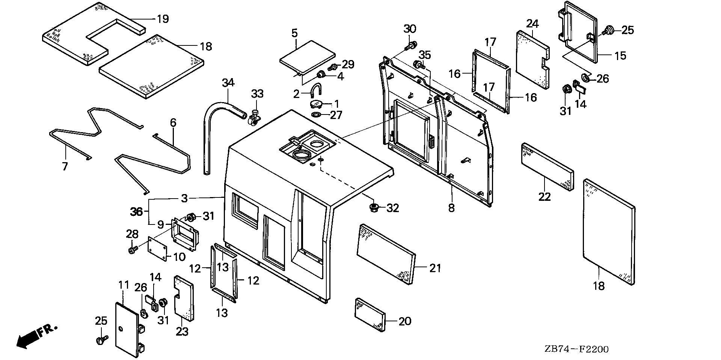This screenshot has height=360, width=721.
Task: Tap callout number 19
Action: click(x=162, y=19)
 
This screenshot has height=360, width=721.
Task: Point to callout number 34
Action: click(x=228, y=82)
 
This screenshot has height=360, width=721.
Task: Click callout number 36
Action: click(x=137, y=212)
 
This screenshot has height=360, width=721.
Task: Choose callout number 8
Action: click(x=451, y=208)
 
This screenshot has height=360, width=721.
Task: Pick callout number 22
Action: click(x=545, y=196)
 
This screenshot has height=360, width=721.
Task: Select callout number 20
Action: click(x=405, y=321)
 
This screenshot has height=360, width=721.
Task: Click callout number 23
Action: click(x=183, y=332)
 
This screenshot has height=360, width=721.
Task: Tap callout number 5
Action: click(x=294, y=33)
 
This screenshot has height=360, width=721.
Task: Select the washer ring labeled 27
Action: click(x=317, y=114)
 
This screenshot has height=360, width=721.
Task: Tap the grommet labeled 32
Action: click(x=374, y=207)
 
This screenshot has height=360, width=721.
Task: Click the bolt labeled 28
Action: click(x=132, y=249)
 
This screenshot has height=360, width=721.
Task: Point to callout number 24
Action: click(x=532, y=24)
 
